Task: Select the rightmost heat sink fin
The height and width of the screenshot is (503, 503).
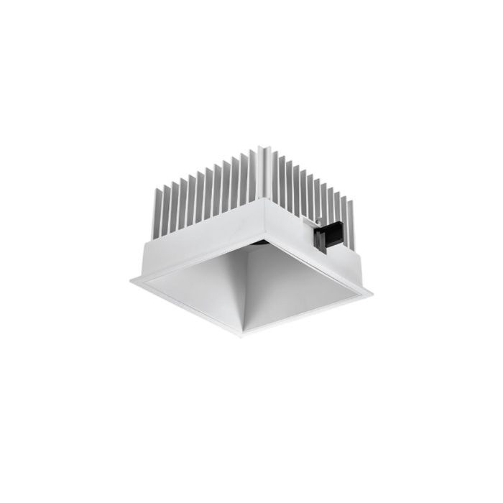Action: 353,208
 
